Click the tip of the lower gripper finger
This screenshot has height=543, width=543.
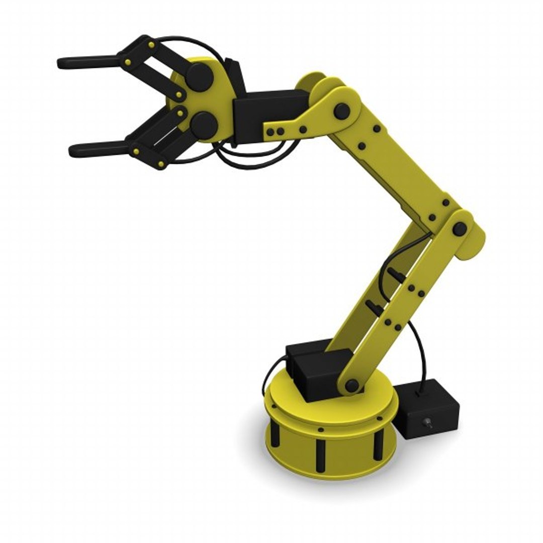coord(73,149)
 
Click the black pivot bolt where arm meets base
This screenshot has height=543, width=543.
coord(352,386)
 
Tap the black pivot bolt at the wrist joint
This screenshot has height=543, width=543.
coord(342,110)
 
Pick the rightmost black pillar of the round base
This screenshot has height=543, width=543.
coord(377,445)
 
